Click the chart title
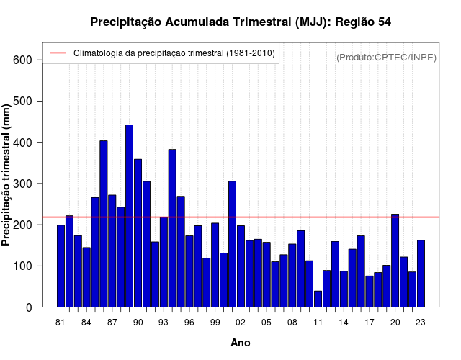point(241,22)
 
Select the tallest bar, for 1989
point(130,216)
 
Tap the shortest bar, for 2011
point(318,299)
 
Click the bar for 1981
point(61,266)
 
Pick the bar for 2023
point(421,274)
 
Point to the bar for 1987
point(112,251)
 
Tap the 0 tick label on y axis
point(29,307)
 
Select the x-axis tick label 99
point(215,322)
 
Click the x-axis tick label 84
point(86,322)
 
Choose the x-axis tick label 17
point(370,322)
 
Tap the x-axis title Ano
point(241,343)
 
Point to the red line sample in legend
point(57,53)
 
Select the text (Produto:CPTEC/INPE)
point(386,57)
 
